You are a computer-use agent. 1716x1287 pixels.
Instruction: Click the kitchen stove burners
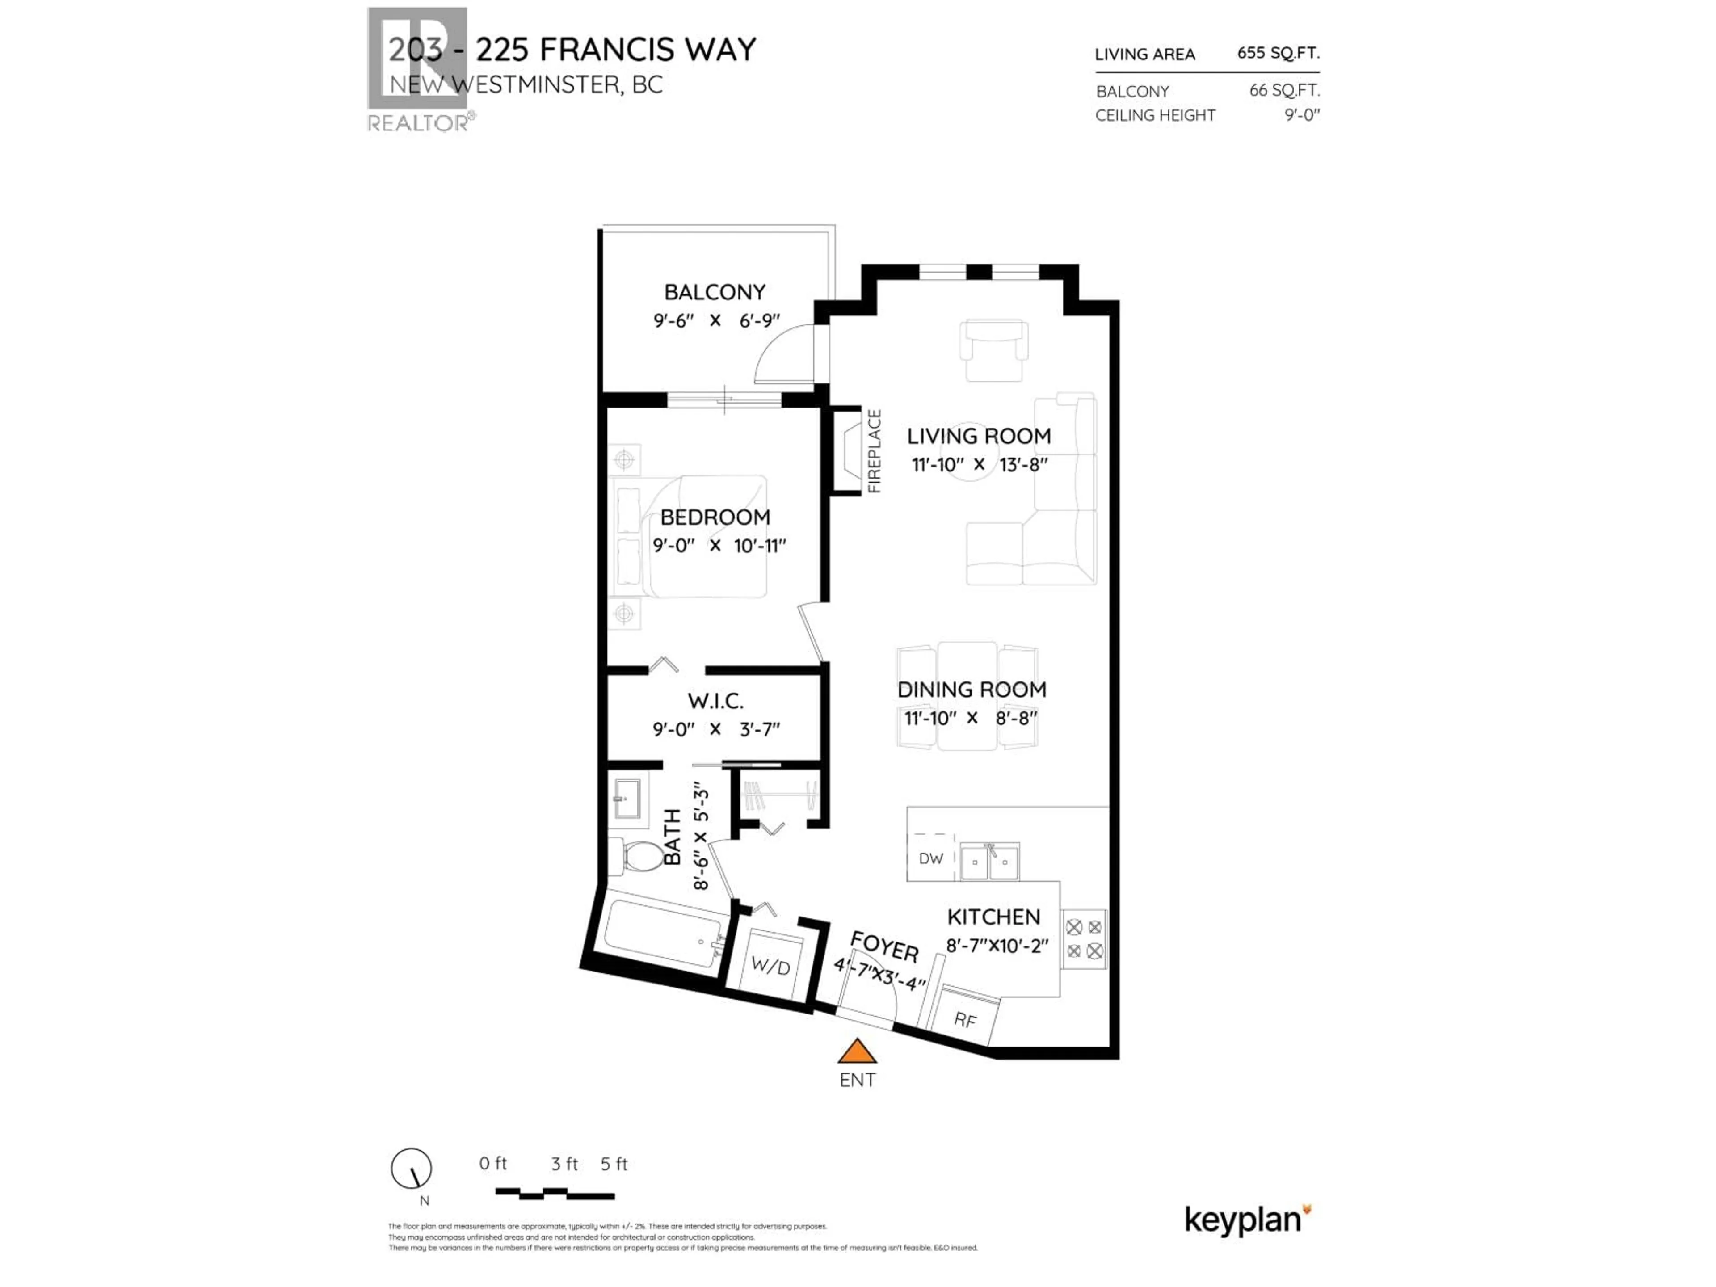click(1084, 939)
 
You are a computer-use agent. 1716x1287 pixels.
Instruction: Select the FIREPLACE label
click(874, 451)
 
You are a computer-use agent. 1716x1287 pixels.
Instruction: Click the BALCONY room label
click(715, 292)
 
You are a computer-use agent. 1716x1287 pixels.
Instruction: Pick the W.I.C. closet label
click(715, 701)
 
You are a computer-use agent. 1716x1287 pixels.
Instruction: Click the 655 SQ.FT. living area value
click(1278, 53)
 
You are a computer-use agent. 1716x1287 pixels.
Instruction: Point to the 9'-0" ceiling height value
click(1302, 115)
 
